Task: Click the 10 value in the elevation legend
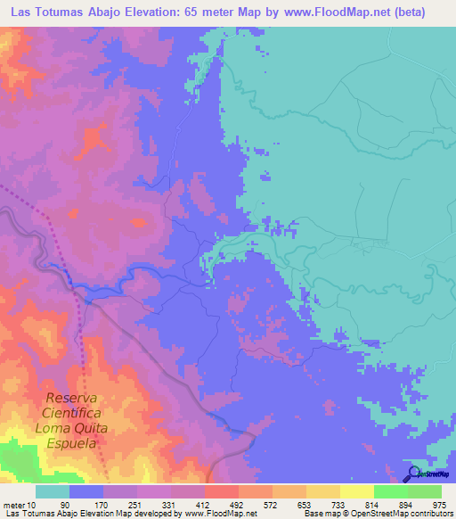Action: [x=34, y=504]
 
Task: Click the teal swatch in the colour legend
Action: [x=53, y=491]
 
